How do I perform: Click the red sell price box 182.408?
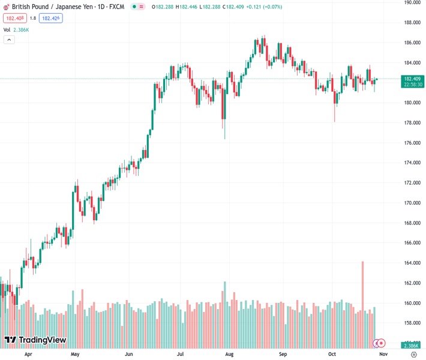tap(14, 18)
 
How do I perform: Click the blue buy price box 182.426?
tap(51, 18)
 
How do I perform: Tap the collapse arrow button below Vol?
tap(9, 40)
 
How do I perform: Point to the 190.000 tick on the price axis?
tap(411, 2)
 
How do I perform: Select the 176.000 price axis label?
tap(411, 143)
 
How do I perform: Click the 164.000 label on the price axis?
tap(411, 263)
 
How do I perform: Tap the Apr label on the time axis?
tap(28, 354)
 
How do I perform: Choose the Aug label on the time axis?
tap(229, 354)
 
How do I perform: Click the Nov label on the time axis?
tap(383, 354)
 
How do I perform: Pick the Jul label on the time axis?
tap(180, 354)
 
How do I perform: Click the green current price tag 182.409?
tap(412, 79)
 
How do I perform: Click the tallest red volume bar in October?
tap(362, 300)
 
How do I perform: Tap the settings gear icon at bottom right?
tap(413, 354)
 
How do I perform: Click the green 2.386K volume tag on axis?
tap(412, 346)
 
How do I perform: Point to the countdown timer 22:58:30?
tap(413, 85)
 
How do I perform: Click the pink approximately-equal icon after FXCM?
tap(141, 7)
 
